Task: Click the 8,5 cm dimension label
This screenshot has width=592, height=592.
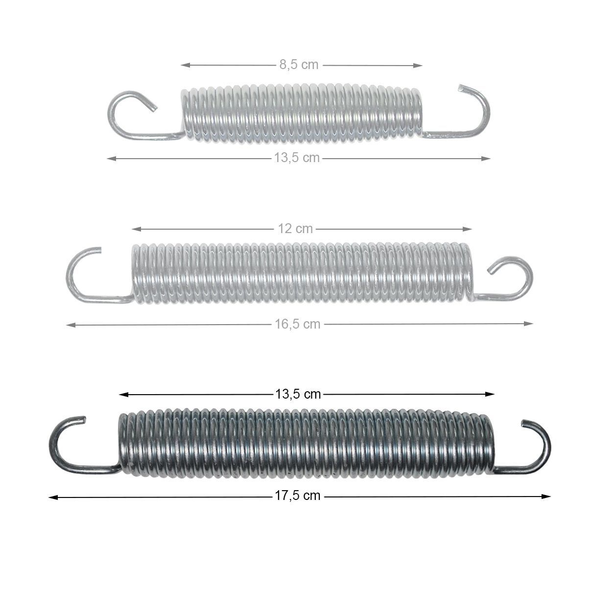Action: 299,65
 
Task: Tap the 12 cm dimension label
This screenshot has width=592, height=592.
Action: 295,229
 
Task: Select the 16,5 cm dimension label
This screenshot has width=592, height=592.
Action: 297,324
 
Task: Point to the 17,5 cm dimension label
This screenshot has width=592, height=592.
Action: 297,496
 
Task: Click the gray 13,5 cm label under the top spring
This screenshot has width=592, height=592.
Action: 297,158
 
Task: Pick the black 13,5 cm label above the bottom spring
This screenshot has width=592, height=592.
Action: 298,394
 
